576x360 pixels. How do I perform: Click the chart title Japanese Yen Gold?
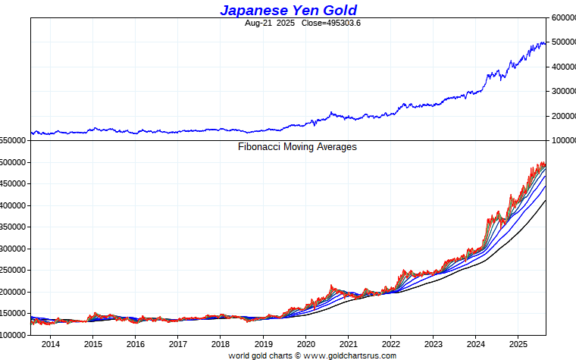288,10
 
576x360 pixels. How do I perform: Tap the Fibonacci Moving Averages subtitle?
297,147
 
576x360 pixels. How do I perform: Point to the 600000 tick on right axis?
562,17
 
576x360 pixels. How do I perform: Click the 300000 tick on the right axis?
562,92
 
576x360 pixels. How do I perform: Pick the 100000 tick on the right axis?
562,141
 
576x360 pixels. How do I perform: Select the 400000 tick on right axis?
562,67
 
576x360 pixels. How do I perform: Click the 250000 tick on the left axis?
14,271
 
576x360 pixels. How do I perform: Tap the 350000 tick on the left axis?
14,227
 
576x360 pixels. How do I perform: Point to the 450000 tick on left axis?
14,184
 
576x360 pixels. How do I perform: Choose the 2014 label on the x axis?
51,345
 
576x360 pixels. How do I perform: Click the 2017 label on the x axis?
177,345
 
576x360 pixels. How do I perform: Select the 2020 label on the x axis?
305,345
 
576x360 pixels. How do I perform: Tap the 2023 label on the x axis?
433,345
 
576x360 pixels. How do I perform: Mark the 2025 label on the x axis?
518,345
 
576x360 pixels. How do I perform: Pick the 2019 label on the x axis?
263,345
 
